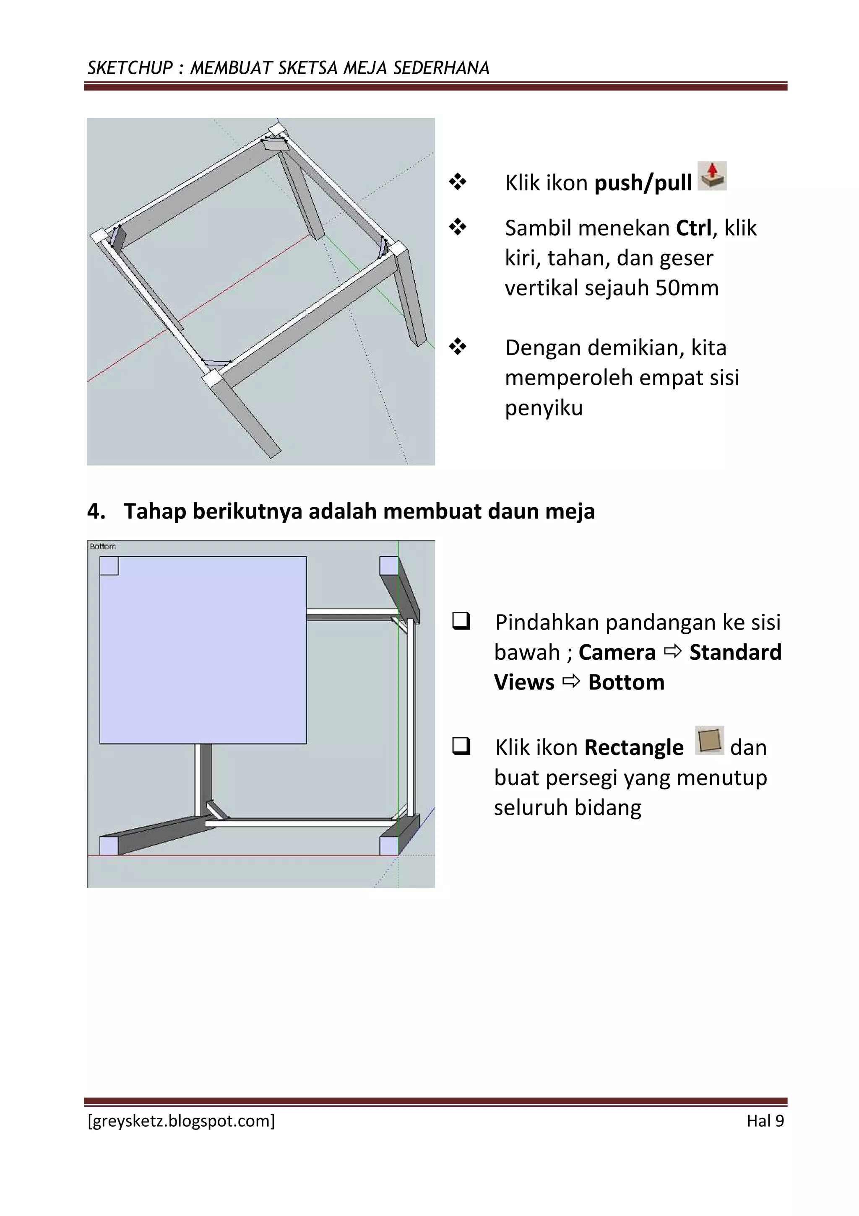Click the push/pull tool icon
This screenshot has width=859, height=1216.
pos(712,176)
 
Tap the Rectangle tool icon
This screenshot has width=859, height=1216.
pos(709,740)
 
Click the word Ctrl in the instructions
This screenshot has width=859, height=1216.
pos(693,228)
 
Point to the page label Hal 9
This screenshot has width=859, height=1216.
pos(765,1121)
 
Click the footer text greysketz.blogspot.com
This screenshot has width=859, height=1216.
pos(181,1121)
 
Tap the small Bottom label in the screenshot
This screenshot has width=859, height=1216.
pos(103,546)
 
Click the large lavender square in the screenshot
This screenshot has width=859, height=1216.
pos(203,650)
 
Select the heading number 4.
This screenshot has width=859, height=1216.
pos(96,512)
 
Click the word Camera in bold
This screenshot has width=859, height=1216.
pos(617,653)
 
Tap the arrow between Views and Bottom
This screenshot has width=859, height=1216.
pos(571,682)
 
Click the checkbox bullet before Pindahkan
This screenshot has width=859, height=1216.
pos(461,621)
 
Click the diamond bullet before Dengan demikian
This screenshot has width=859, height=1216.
pos(457,347)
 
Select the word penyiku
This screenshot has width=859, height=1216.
pos(543,408)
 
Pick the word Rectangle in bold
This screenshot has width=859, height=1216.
pos(634,747)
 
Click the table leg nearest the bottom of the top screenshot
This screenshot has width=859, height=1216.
pos(248,418)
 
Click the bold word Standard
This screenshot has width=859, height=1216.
pos(735,653)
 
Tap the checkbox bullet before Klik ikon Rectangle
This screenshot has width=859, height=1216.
pos(461,746)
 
